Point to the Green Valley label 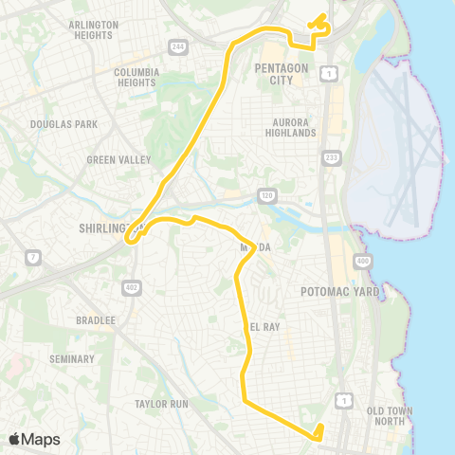pyautogui.click(x=118, y=159)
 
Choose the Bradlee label pyautogui.click(x=96, y=320)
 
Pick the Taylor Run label pyautogui.click(x=161, y=404)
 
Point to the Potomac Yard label pyautogui.click(x=339, y=292)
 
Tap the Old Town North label pyautogui.click(x=391, y=416)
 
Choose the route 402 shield pyautogui.click(x=130, y=286)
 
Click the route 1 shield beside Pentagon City pyautogui.click(x=328, y=73)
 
